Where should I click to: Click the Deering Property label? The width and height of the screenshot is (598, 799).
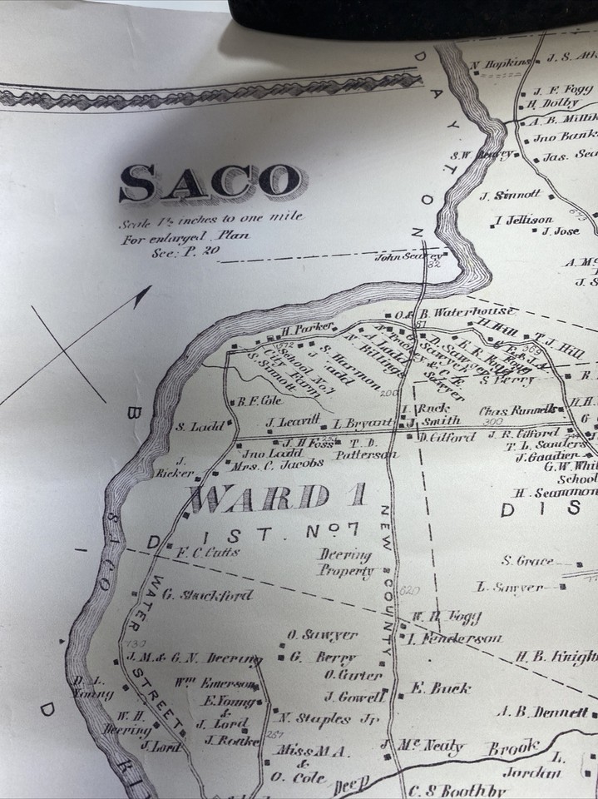click(x=345, y=563)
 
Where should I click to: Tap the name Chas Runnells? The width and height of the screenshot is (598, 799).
click(x=516, y=410)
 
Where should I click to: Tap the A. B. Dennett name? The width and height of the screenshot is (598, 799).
click(x=546, y=712)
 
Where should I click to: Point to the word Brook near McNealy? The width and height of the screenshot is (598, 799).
click(x=513, y=747)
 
